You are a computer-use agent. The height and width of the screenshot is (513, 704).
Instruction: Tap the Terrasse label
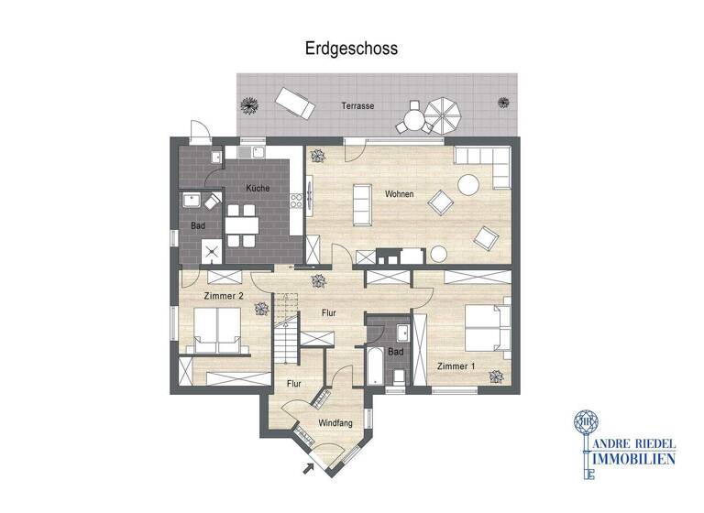click(357, 106)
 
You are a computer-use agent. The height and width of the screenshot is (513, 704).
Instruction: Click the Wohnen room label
click(399, 194)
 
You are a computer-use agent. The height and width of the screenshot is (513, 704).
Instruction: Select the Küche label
click(257, 188)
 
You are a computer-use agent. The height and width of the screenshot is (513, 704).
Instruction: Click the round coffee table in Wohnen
click(469, 183)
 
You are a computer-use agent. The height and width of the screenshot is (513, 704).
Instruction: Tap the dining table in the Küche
click(241, 224)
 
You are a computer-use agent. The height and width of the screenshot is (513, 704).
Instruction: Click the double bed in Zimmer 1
click(486, 326)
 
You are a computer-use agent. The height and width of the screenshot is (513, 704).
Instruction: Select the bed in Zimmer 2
click(218, 330)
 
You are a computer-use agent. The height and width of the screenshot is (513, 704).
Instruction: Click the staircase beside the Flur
click(285, 330)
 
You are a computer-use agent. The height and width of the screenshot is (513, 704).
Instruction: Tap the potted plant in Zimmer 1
click(496, 376)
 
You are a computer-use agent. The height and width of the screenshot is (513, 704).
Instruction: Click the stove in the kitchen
click(296, 201)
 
